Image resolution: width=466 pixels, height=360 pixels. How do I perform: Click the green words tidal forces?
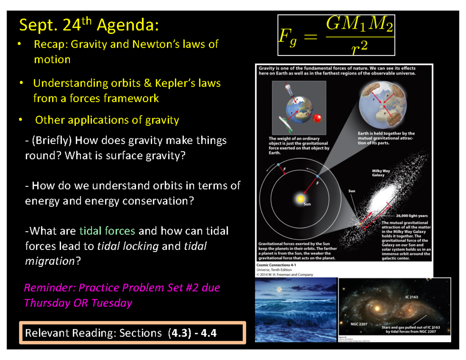tap(107, 231)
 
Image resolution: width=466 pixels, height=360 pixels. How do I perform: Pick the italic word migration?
tap(49, 261)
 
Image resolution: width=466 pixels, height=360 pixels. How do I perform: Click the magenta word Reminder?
tap(50, 288)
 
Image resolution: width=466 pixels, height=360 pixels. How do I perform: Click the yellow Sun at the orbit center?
tap(300, 198)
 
